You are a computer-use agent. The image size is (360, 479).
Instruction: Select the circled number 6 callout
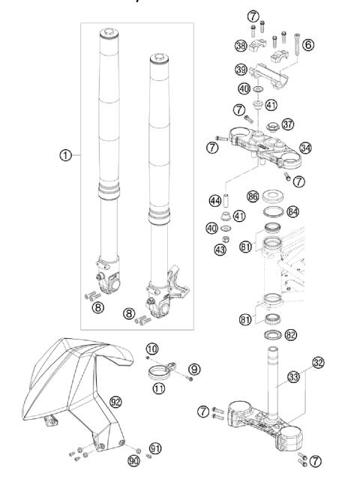pyautogui.click(x=308, y=45)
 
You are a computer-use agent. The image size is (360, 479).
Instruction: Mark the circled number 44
pyautogui.click(x=217, y=200)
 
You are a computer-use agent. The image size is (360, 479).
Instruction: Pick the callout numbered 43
pyautogui.click(x=220, y=249)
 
